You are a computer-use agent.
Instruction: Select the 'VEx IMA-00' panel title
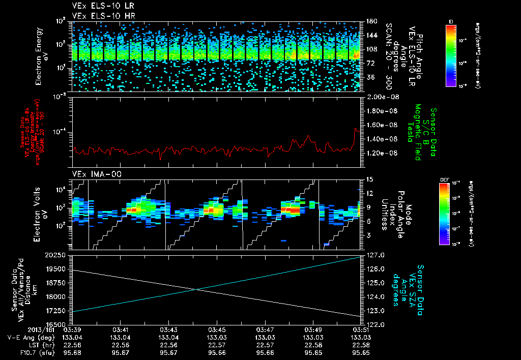[x=92, y=174]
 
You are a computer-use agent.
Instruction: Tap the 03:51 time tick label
[x=361, y=330]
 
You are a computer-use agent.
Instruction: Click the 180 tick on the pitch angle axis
[x=371, y=21]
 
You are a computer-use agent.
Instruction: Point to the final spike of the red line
[x=356, y=129]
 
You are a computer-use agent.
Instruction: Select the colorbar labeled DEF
[x=444, y=214]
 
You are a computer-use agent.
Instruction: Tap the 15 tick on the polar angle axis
[x=370, y=179]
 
